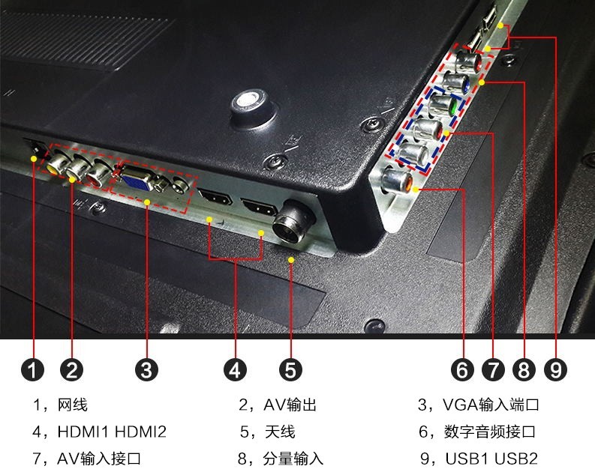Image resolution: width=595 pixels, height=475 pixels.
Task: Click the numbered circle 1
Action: pos(32,369)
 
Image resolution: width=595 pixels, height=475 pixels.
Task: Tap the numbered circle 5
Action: pos(290,369)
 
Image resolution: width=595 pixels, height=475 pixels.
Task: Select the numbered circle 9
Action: pos(555,369)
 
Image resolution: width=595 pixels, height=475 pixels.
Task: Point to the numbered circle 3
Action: pos(146,369)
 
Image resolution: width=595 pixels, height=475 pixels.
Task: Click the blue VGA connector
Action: pos(136,181)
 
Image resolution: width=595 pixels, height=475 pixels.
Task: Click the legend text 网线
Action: pos(72,405)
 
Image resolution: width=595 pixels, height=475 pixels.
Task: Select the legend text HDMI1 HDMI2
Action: pos(112,432)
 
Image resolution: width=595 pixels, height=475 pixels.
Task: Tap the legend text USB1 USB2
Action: pos(491,459)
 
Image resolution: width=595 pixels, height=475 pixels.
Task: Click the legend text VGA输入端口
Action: pos(491,405)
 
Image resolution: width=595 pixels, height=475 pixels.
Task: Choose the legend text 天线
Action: pos(280,432)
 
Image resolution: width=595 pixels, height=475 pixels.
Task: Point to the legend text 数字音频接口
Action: pos(490,432)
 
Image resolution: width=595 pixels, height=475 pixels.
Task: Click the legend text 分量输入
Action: pos(293,459)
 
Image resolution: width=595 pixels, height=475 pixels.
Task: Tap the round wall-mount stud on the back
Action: pos(251,107)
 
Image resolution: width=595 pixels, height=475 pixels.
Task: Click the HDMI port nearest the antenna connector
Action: pos(260,208)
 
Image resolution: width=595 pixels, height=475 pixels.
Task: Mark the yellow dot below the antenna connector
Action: pos(291,260)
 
